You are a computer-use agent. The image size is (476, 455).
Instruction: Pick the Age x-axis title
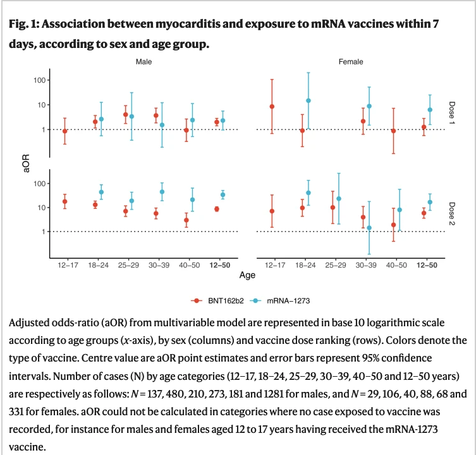[247, 275]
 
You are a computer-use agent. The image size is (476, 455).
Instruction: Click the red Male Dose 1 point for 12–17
[65, 131]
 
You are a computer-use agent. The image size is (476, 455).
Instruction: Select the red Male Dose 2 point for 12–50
[217, 209]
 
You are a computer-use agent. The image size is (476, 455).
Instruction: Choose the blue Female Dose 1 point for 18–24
[308, 101]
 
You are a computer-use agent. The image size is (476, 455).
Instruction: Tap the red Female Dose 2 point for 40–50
[393, 225]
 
